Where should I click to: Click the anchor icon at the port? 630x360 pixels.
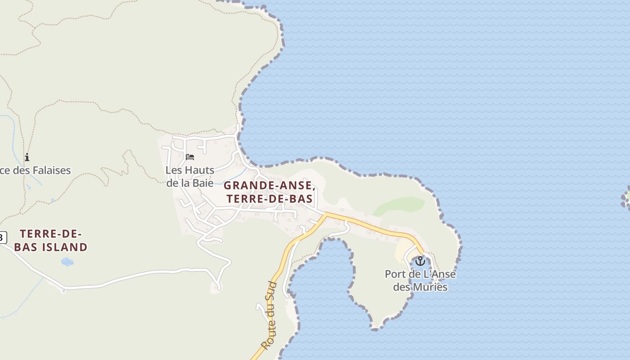pyautogui.click(x=420, y=261)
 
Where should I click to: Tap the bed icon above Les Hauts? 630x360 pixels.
pyautogui.click(x=190, y=157)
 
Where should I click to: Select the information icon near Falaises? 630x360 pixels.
pyautogui.click(x=27, y=157)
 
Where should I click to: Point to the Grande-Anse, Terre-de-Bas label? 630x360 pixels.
pyautogui.click(x=269, y=192)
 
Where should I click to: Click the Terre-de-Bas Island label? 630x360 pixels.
pyautogui.click(x=51, y=240)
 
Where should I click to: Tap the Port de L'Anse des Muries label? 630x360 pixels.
pyautogui.click(x=420, y=280)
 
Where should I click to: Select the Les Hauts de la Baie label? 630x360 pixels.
pyautogui.click(x=190, y=176)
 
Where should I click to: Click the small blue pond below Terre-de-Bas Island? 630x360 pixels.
pyautogui.click(x=67, y=261)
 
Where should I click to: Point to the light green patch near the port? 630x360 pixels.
pyautogui.click(x=400, y=206)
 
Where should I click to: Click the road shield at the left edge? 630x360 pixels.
pyautogui.click(x=3, y=237)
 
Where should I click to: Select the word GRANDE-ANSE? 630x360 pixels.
pyautogui.click(x=268, y=185)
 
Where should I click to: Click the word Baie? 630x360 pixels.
pyautogui.click(x=202, y=183)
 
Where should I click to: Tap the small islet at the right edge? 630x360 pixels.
pyautogui.click(x=626, y=198)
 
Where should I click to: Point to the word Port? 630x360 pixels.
pyautogui.click(x=394, y=274)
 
